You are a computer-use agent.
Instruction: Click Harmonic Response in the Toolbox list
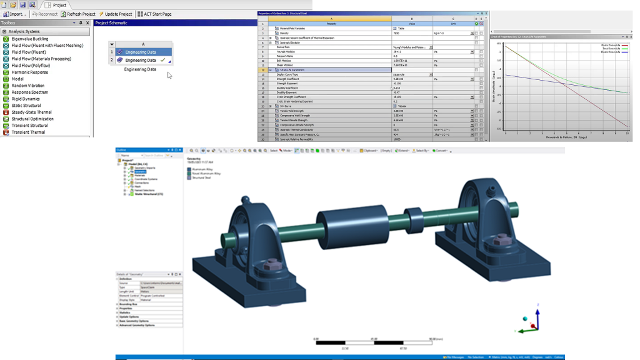(x=29, y=72)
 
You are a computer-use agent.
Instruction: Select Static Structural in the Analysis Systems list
(x=26, y=106)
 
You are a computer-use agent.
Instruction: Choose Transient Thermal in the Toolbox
(x=28, y=132)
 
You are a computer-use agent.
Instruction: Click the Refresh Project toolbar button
(x=81, y=14)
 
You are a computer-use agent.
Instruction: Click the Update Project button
(x=118, y=14)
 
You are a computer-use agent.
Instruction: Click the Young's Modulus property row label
(x=289, y=51)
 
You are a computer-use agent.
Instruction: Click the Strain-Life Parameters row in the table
(x=294, y=70)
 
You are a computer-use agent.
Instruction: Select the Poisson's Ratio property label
(x=287, y=56)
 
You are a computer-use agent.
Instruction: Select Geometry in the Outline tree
(x=139, y=172)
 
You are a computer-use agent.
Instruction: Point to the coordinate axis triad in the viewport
(x=531, y=319)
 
